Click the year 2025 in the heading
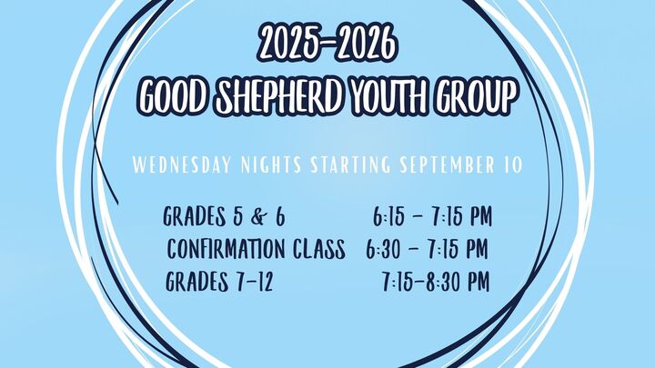click(x=288, y=43)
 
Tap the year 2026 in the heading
click(x=364, y=43)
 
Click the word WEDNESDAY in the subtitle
click(x=182, y=164)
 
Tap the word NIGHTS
click(x=271, y=164)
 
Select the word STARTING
click(x=350, y=164)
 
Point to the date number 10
click(x=512, y=164)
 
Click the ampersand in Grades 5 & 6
click(x=258, y=217)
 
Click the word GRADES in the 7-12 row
click(x=197, y=282)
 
